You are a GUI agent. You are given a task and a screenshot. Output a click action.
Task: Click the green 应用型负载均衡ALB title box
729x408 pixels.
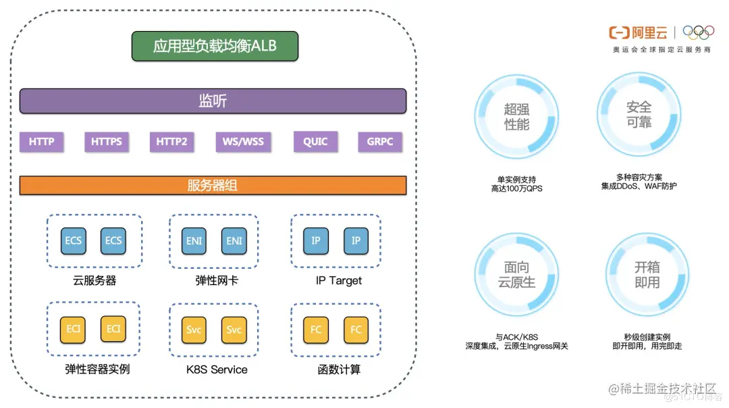(215, 46)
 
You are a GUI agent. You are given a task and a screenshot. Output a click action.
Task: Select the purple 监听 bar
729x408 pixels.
(213, 101)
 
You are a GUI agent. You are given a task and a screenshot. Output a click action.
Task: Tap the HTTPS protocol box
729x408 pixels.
(107, 142)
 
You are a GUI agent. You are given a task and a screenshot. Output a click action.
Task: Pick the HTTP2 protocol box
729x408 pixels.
(171, 142)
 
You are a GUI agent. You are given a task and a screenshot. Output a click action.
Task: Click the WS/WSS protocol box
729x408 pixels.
(243, 142)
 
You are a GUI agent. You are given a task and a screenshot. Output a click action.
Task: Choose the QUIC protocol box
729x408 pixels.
(315, 142)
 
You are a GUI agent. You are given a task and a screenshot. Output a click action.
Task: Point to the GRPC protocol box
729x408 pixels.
(380, 142)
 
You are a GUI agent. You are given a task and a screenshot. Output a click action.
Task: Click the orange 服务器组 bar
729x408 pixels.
(213, 186)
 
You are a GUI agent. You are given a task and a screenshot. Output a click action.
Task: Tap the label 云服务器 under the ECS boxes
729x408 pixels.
(94, 280)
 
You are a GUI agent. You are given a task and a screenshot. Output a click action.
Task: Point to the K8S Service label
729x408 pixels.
(217, 369)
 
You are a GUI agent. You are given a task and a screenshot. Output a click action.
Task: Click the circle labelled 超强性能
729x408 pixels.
(516, 117)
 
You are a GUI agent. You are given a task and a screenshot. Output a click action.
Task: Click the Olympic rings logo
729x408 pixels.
(697, 32)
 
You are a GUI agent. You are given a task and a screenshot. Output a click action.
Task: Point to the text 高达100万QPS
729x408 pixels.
(516, 189)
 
